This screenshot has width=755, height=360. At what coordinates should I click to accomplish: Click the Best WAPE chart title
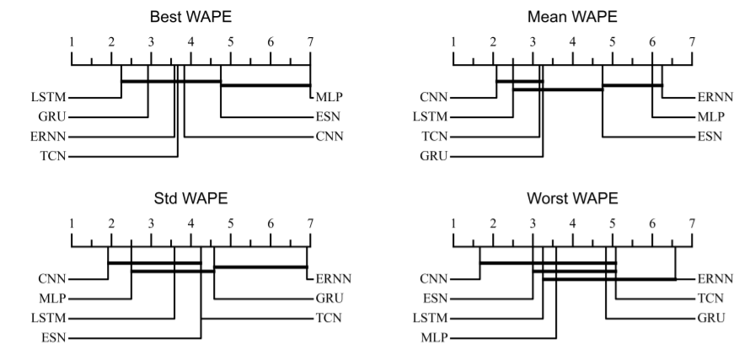point(191,16)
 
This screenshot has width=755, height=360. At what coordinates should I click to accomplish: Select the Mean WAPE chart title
point(573,16)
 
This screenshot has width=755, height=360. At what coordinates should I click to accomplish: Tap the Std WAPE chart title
point(191,198)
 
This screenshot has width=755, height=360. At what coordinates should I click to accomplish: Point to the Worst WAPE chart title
point(573,198)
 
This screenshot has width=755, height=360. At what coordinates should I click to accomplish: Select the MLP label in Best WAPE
point(330,97)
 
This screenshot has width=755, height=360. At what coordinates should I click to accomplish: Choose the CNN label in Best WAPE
point(330,136)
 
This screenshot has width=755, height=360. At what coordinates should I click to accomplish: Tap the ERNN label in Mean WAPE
point(715,97)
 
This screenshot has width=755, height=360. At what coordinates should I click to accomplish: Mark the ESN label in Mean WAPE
point(711,136)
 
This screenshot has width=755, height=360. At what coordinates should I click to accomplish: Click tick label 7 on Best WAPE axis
point(310,41)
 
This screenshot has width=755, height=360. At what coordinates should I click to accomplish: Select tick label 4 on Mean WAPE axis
point(573,41)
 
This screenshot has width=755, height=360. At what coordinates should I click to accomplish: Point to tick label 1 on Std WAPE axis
point(72,223)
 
